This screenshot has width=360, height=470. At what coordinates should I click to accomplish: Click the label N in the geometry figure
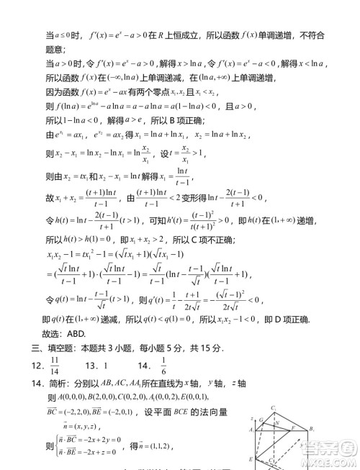[x=276, y=422]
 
